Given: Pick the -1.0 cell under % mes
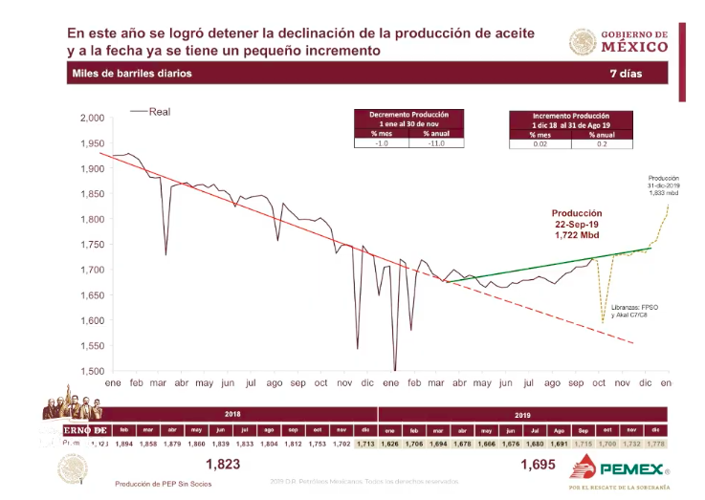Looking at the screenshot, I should coord(382,143).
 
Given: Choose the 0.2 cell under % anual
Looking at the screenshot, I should coord(600,144).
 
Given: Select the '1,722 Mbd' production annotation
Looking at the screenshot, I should coord(576,234).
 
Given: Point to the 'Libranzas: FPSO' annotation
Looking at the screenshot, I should coord(628,307).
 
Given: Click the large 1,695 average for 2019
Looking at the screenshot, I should coord(539,465).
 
